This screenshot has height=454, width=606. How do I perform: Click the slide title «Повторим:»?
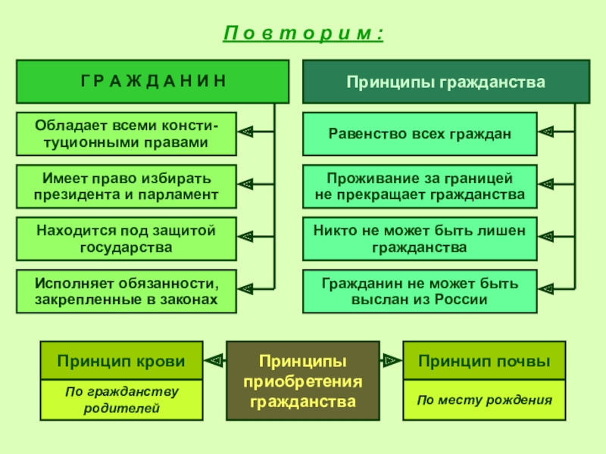click(x=303, y=33)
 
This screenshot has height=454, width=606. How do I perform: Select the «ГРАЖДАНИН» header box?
click(x=153, y=81)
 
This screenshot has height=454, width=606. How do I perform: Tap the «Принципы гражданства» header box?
click(x=446, y=81)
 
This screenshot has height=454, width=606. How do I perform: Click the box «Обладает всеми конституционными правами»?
click(x=125, y=134)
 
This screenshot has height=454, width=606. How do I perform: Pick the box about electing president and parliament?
click(x=125, y=186)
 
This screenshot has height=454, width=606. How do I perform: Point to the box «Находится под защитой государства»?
click(x=125, y=238)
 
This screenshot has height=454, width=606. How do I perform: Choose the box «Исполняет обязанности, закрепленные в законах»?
click(x=125, y=291)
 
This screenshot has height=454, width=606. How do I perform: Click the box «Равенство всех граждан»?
click(x=420, y=134)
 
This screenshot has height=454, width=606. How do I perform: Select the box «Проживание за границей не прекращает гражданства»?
click(x=420, y=186)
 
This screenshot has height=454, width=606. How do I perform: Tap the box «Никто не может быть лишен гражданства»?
click(x=420, y=238)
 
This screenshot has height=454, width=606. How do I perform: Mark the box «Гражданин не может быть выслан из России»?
click(x=420, y=291)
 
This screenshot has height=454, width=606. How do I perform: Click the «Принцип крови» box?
click(x=121, y=361)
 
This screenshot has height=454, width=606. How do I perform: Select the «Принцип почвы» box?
click(x=484, y=361)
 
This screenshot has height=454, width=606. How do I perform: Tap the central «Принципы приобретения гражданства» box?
click(x=303, y=380)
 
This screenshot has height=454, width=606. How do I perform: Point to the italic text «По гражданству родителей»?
click(x=121, y=400)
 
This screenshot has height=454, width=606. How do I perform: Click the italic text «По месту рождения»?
click(x=484, y=400)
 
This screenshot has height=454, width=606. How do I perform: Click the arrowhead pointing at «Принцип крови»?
click(x=215, y=361)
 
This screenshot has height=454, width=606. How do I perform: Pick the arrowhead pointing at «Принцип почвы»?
click(x=391, y=361)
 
